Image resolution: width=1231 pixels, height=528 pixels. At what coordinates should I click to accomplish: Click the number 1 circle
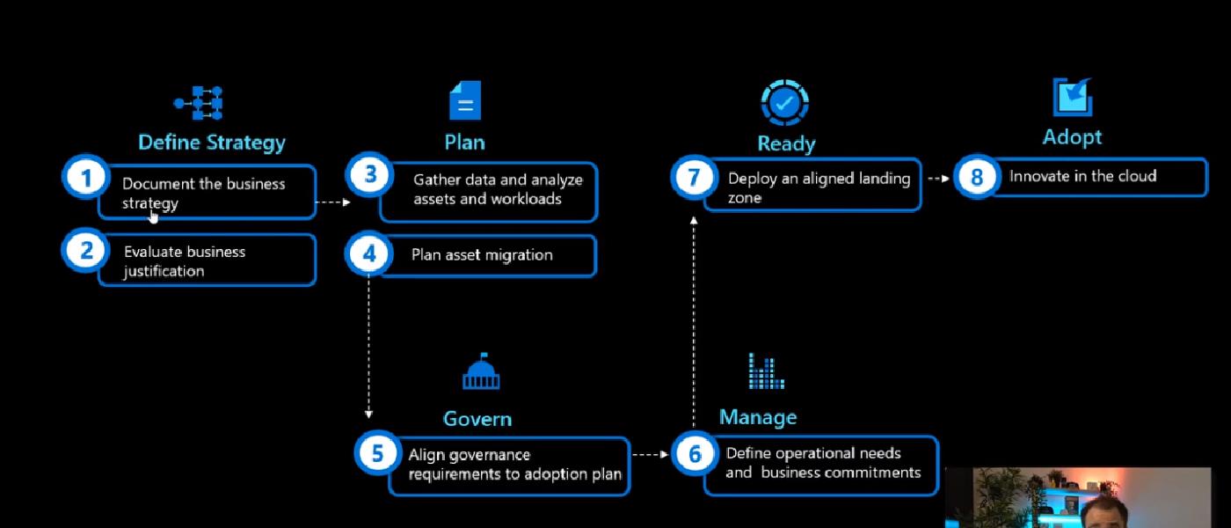[85, 178]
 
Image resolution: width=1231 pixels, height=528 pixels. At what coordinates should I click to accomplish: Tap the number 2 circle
[85, 251]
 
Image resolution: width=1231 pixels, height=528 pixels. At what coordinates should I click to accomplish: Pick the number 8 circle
[976, 177]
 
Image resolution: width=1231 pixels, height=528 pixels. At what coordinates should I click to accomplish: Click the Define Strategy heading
[212, 142]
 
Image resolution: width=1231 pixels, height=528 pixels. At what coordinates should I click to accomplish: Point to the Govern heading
[477, 419]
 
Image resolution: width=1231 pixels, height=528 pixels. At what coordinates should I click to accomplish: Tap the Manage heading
[758, 417]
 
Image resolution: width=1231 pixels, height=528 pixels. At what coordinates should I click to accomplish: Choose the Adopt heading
[1072, 137]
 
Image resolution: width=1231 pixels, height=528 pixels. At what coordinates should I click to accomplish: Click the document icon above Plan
[465, 100]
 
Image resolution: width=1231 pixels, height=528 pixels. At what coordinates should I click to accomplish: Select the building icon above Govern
[481, 373]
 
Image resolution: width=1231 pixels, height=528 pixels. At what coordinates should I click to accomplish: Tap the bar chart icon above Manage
[766, 371]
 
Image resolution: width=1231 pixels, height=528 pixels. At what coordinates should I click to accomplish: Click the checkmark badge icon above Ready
[784, 102]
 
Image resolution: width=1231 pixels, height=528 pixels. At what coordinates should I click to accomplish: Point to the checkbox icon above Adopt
[1073, 97]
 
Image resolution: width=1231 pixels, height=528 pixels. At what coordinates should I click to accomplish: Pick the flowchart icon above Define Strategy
[199, 103]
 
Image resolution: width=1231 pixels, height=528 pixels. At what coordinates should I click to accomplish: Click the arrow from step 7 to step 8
[938, 178]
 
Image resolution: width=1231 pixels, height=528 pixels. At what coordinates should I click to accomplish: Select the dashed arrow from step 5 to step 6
[651, 455]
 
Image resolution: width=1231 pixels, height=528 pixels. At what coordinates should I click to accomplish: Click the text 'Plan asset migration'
[482, 255]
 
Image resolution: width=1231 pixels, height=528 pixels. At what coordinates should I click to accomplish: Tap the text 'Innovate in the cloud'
[1082, 176]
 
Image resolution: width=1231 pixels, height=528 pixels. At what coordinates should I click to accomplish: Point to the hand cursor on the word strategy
[154, 215]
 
